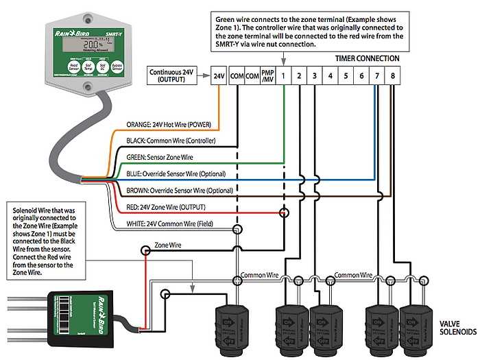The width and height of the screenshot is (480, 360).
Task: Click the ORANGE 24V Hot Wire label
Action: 169,125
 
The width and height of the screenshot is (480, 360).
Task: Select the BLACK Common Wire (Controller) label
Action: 171,141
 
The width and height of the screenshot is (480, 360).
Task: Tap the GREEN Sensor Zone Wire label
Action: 160,157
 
